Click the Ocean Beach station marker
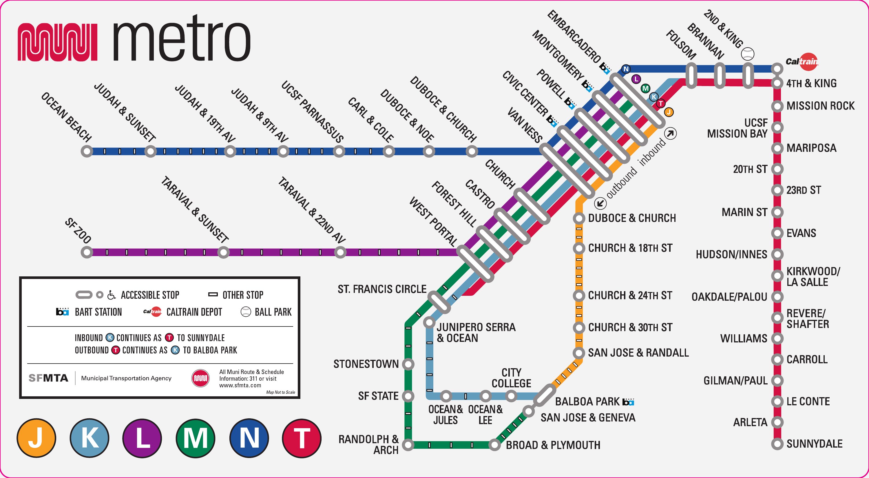tap(87, 151)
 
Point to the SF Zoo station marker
tap(87, 252)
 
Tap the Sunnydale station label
tap(814, 444)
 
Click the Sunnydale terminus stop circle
tap(777, 444)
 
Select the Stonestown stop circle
tap(408, 364)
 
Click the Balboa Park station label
tap(587, 402)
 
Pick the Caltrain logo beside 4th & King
tap(802, 62)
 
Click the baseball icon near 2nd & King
tap(748, 54)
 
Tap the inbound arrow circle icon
tap(671, 134)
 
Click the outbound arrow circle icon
tap(600, 203)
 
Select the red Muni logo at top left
tap(57, 42)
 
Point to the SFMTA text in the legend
tap(48, 378)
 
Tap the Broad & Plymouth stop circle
tap(494, 445)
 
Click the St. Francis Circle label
tap(382, 289)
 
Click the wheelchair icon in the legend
tap(111, 295)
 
